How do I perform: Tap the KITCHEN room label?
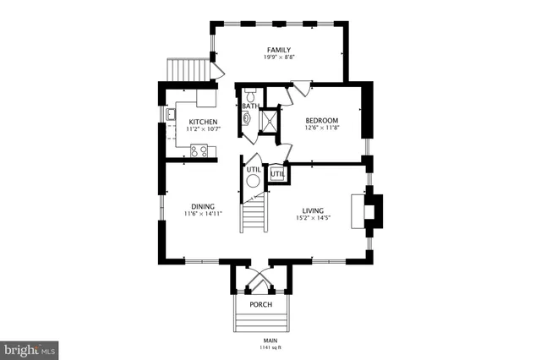(x=203, y=123)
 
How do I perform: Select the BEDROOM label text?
(x=321, y=120)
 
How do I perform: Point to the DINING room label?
(x=202, y=206)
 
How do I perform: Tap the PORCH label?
(x=260, y=304)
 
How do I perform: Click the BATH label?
(x=250, y=106)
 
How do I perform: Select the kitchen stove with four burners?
(x=199, y=150)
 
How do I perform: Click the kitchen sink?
(x=169, y=114)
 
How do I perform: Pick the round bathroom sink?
(x=245, y=120)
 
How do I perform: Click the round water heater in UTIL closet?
(x=253, y=178)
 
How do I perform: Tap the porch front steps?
(x=260, y=322)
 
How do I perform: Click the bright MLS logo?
(x=30, y=348)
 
